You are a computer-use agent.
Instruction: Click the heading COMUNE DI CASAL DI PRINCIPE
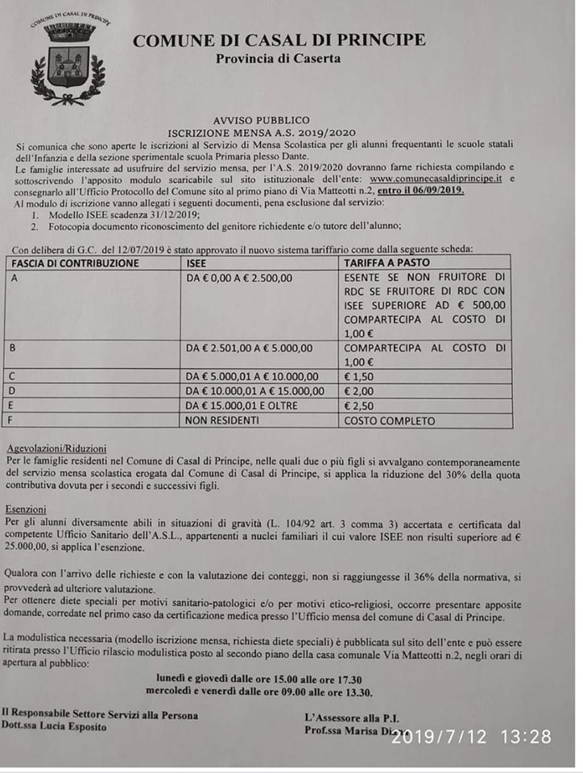279,40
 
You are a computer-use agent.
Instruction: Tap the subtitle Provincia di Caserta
278,59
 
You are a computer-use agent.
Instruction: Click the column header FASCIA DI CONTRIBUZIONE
76,263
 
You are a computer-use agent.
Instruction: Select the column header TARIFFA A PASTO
387,263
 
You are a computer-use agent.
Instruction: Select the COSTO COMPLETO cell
389,420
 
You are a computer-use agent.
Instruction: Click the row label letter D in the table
11,391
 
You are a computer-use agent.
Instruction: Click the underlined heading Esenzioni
27,510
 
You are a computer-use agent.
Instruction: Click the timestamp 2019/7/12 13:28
472,736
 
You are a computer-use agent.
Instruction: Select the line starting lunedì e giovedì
260,680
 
